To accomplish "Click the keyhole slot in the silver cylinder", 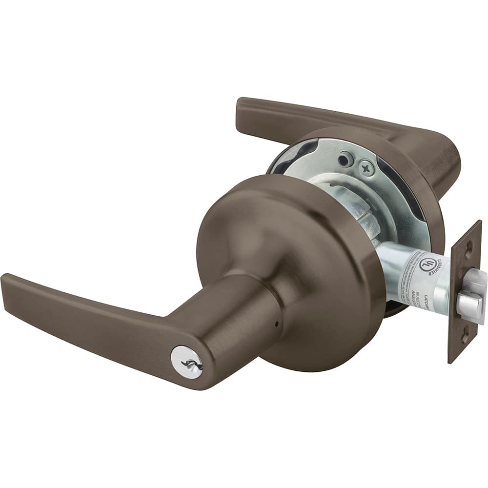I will (186, 363).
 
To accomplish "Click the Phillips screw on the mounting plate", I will (366, 168).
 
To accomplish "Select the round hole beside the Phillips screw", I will (346, 159).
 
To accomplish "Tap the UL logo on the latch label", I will (426, 264).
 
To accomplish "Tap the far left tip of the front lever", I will (6, 281).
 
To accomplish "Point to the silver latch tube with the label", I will (415, 278).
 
